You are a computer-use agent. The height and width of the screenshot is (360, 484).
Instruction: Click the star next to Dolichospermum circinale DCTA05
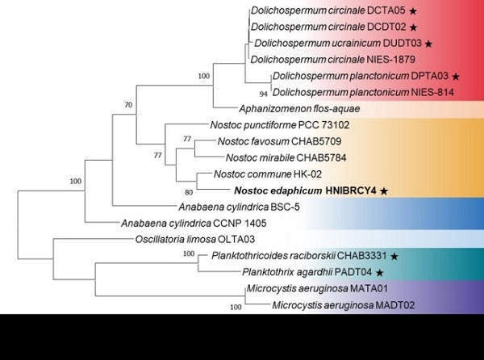coord(413,11)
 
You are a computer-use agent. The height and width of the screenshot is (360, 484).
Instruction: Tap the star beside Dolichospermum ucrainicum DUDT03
coord(428,44)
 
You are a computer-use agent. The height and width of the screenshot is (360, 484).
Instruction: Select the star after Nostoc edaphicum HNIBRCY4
coord(384,191)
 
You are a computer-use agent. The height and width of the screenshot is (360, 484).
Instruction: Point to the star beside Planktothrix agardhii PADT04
coord(380,273)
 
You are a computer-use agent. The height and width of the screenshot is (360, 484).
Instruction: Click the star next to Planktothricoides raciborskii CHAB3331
coord(394,256)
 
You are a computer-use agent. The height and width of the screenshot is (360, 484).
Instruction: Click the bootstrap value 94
coord(263,94)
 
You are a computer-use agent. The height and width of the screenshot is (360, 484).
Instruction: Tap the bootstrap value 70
coord(128,105)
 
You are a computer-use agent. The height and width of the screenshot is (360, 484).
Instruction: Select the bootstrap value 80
coord(189,192)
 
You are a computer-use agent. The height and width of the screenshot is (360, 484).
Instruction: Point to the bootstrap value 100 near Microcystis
coord(236,307)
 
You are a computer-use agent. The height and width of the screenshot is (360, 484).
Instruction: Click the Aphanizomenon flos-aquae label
coord(299,109)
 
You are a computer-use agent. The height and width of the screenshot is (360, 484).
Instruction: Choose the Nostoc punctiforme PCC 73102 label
coord(280,125)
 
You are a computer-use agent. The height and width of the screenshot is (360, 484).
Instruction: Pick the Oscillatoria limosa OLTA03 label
coord(195,239)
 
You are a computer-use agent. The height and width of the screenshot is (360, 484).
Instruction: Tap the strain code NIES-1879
coord(390,59)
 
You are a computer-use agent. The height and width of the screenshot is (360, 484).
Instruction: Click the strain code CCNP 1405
coord(240,223)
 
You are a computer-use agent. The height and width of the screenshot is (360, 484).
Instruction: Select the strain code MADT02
coord(394,305)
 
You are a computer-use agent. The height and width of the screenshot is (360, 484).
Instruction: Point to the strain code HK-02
coord(307,174)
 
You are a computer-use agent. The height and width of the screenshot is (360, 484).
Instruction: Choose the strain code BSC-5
coord(285,207)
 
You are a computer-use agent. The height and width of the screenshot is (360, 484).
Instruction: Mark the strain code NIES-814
coord(432,92)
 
